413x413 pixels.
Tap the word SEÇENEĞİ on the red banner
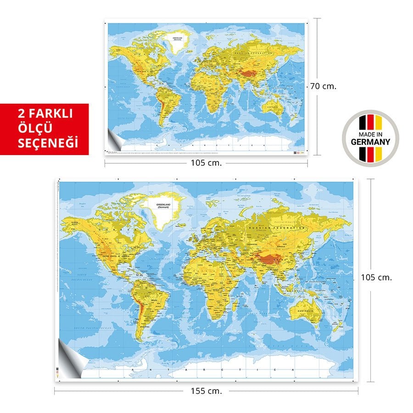47,143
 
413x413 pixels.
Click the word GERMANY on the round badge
370,141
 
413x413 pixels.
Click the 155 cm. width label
206,391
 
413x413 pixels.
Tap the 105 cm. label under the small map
206,162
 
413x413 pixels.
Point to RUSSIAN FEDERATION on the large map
276,228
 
